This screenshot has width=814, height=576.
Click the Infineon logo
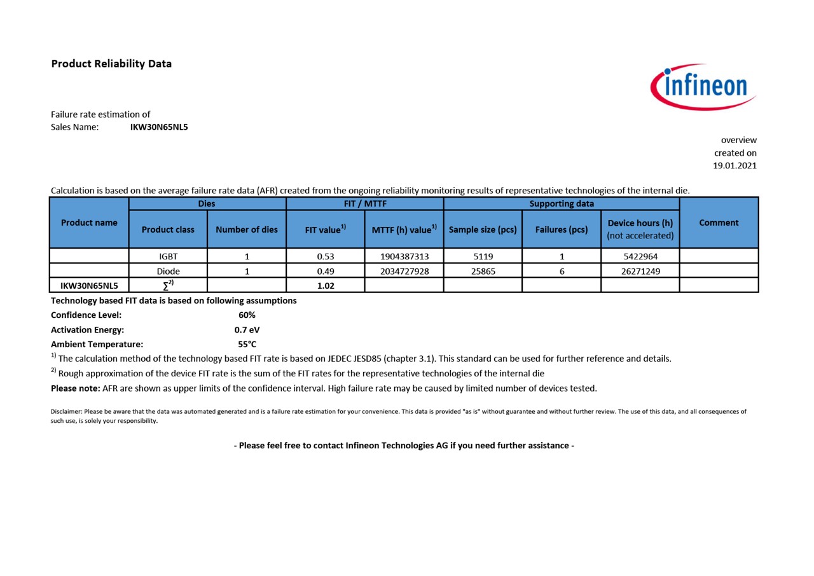703,86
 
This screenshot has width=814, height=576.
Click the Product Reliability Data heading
111,64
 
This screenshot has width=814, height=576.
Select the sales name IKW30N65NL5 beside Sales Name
159,127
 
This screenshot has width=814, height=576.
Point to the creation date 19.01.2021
735,165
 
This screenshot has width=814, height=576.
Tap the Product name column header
89,223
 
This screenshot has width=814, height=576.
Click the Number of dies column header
247,230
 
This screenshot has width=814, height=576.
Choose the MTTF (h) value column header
404,230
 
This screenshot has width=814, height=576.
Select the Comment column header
719,223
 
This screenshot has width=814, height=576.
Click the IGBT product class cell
168,256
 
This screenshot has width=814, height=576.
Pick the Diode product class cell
168,271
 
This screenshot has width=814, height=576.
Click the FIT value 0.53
326,256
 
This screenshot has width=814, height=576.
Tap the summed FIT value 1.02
326,285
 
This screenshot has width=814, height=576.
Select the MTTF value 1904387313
404,256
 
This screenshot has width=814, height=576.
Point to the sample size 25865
483,271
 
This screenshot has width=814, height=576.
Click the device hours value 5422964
640,256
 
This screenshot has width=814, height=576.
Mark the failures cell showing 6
562,271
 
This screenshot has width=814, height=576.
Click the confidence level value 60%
247,315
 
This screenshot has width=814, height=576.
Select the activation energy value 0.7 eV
247,329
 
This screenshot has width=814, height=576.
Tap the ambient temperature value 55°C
247,344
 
